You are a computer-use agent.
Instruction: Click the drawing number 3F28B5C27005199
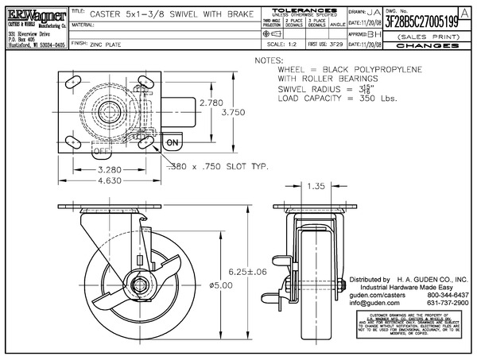pos(421,23)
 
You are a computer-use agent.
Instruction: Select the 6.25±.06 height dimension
pos(246,272)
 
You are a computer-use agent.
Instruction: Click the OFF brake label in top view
pos(102,150)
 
